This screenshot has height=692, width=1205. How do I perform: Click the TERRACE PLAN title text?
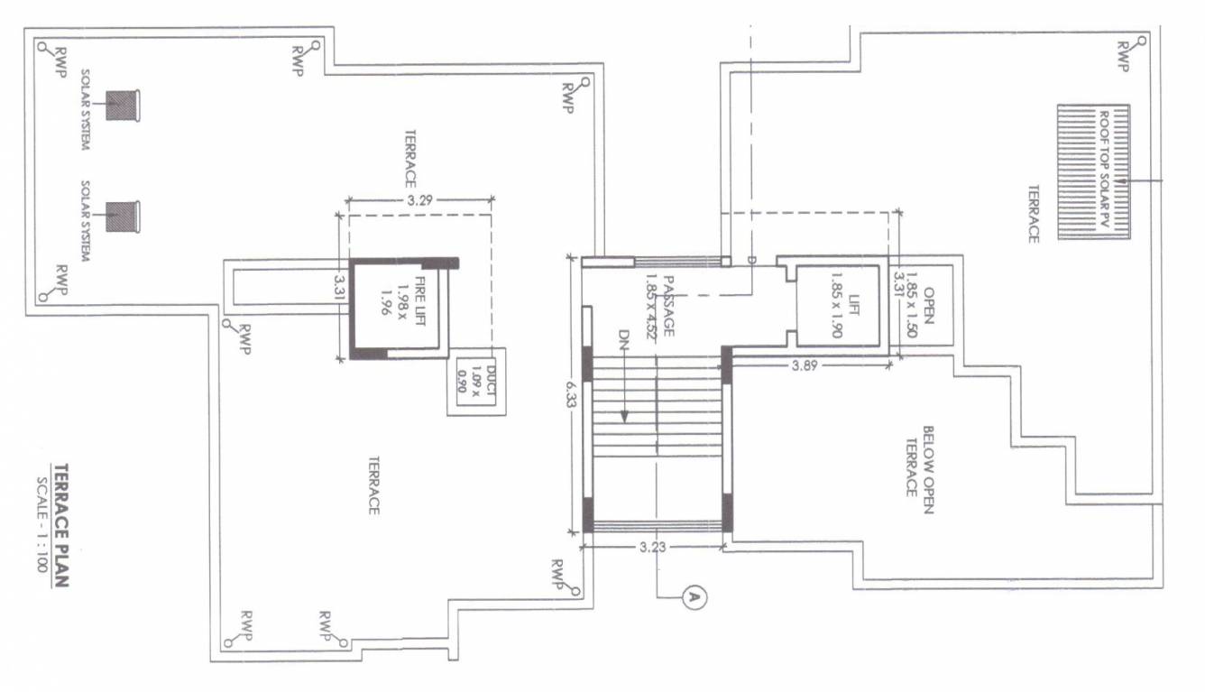point(60,525)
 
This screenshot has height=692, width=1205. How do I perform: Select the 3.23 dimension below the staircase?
point(652,547)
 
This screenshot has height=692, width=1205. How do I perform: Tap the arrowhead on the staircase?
point(623,417)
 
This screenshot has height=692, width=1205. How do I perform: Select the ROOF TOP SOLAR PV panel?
point(1093,171)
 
